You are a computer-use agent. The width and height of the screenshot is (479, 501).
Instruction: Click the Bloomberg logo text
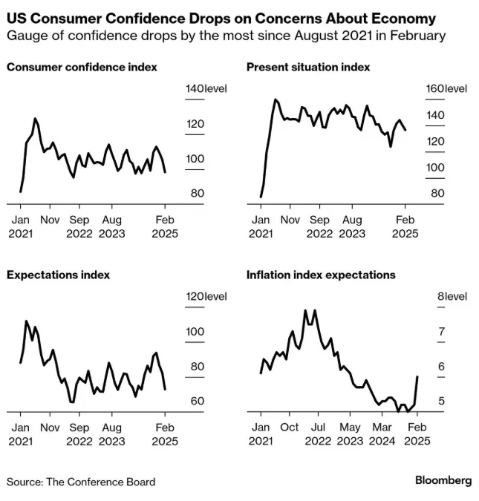443,480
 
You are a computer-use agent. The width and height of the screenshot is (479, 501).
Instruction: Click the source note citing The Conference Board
81,482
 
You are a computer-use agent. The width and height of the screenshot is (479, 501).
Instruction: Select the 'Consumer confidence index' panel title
82,68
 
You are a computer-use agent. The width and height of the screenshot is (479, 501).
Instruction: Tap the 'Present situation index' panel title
308,68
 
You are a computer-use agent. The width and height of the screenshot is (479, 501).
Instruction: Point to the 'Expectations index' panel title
58,275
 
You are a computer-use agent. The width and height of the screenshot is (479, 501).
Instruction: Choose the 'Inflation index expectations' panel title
321,275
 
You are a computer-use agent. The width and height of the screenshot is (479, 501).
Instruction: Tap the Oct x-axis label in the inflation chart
290,428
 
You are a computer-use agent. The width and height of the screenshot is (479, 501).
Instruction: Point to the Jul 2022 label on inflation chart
317,434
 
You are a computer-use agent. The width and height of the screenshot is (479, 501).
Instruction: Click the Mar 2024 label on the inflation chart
382,434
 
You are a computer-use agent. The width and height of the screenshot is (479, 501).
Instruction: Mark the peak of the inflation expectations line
305,310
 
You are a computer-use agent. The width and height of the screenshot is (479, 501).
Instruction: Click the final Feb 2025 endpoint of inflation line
418,376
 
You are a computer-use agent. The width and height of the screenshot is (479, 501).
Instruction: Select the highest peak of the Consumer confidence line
34,118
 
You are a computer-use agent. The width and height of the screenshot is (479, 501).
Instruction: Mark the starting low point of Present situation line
261,197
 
